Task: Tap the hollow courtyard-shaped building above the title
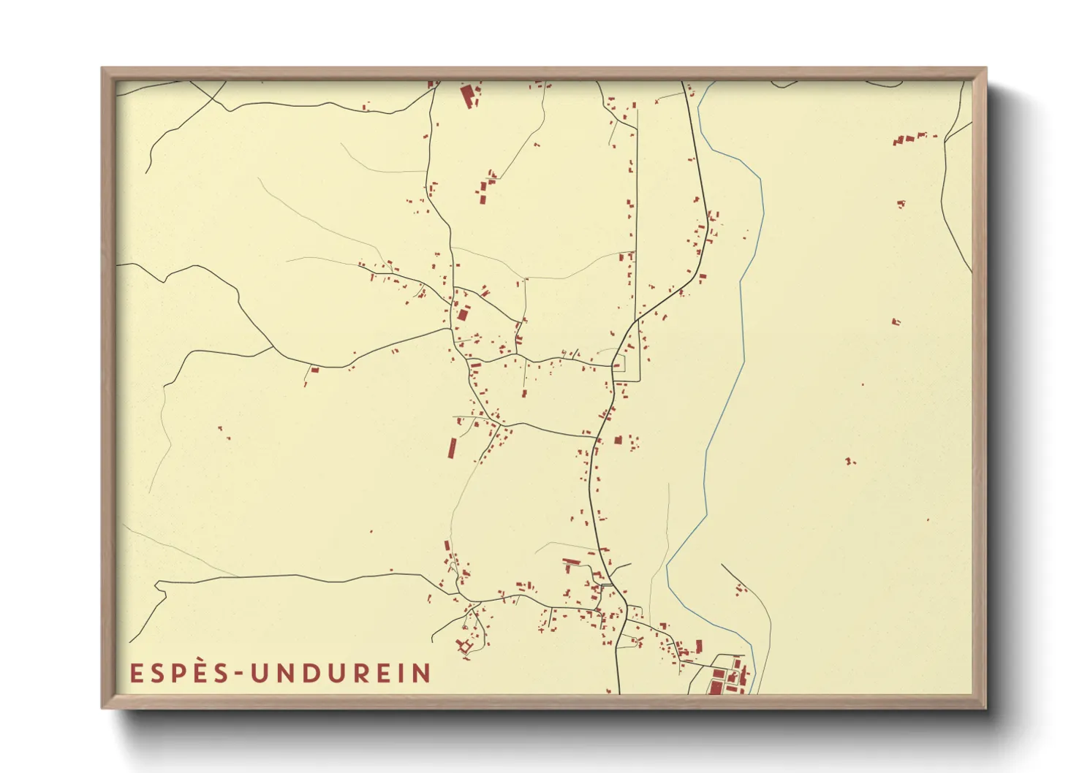[464, 646]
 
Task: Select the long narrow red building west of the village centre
[452, 448]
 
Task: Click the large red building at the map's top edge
[466, 96]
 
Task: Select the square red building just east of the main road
[618, 441]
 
